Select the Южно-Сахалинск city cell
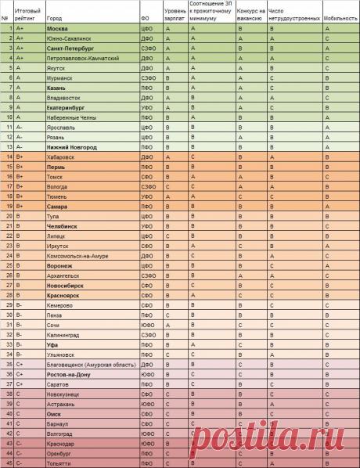point(69,38)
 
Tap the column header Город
point(56,16)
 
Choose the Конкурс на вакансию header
point(250,12)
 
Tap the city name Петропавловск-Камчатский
point(83,57)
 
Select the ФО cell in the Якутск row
point(146,67)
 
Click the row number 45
point(6,463)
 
